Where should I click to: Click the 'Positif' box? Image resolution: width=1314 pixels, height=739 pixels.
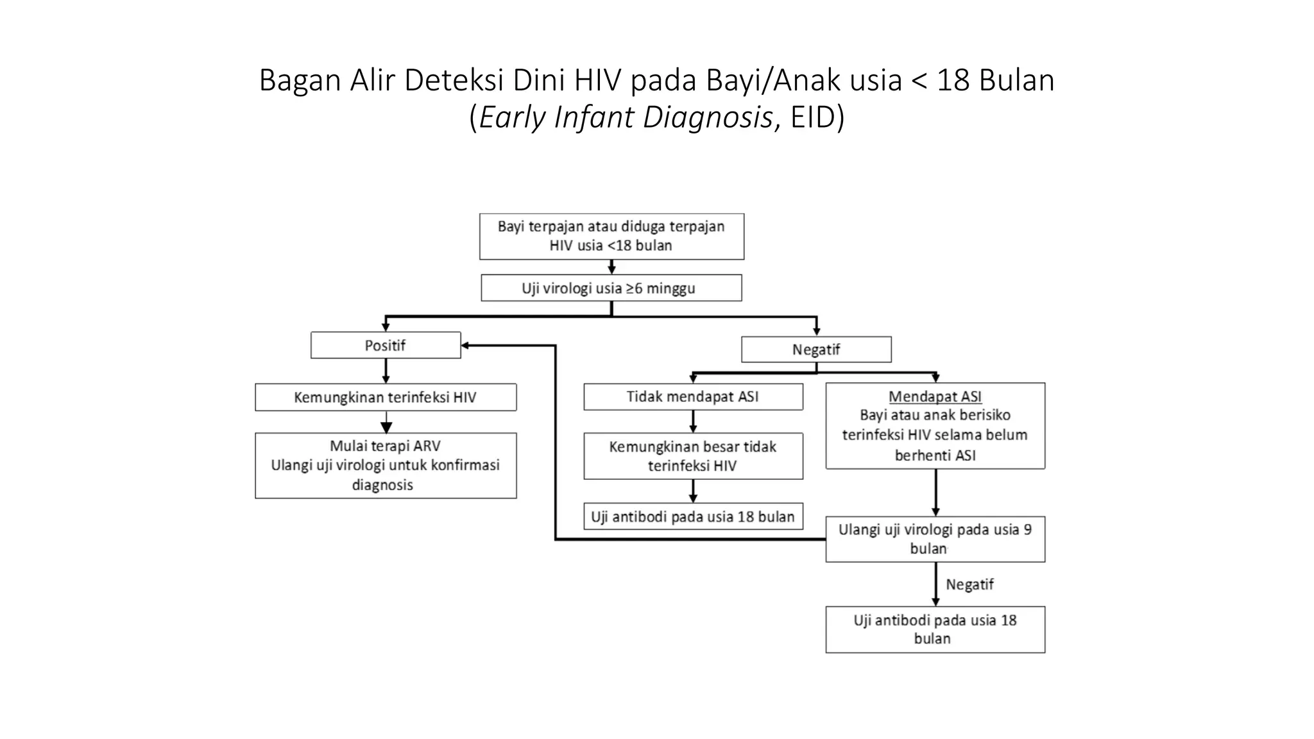point(386,345)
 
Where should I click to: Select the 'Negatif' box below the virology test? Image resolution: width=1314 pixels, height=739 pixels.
point(815,350)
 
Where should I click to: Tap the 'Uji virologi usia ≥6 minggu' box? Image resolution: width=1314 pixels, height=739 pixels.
point(611,288)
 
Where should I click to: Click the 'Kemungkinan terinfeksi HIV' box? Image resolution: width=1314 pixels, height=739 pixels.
point(386,397)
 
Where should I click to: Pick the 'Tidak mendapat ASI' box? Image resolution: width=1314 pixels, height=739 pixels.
point(693,396)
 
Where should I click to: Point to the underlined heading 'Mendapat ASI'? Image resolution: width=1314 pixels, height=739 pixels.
point(935,396)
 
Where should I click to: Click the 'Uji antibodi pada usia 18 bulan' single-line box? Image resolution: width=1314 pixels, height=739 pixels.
point(693,516)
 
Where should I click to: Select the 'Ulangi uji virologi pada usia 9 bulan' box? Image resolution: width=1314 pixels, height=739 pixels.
point(935,539)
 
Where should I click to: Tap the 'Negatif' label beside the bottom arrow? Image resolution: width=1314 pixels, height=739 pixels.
point(969,584)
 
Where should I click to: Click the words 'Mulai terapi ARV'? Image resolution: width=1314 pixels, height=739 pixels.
point(385,446)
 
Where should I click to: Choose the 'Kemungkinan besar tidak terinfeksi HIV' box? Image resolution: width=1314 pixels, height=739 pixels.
point(693,456)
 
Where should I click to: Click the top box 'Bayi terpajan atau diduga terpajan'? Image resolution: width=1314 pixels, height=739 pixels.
point(611,236)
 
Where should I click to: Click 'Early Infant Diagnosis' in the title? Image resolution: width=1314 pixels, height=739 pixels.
point(626,117)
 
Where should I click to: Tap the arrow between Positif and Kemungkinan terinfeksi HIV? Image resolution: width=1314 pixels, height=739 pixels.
point(386,371)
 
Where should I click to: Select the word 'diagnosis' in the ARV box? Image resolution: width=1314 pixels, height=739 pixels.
point(382,485)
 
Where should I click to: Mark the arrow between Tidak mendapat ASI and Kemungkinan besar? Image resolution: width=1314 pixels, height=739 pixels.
point(693,421)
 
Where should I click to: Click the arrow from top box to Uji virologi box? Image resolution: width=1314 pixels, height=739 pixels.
point(611,267)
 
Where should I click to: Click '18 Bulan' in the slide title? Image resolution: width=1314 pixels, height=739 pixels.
point(995,81)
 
